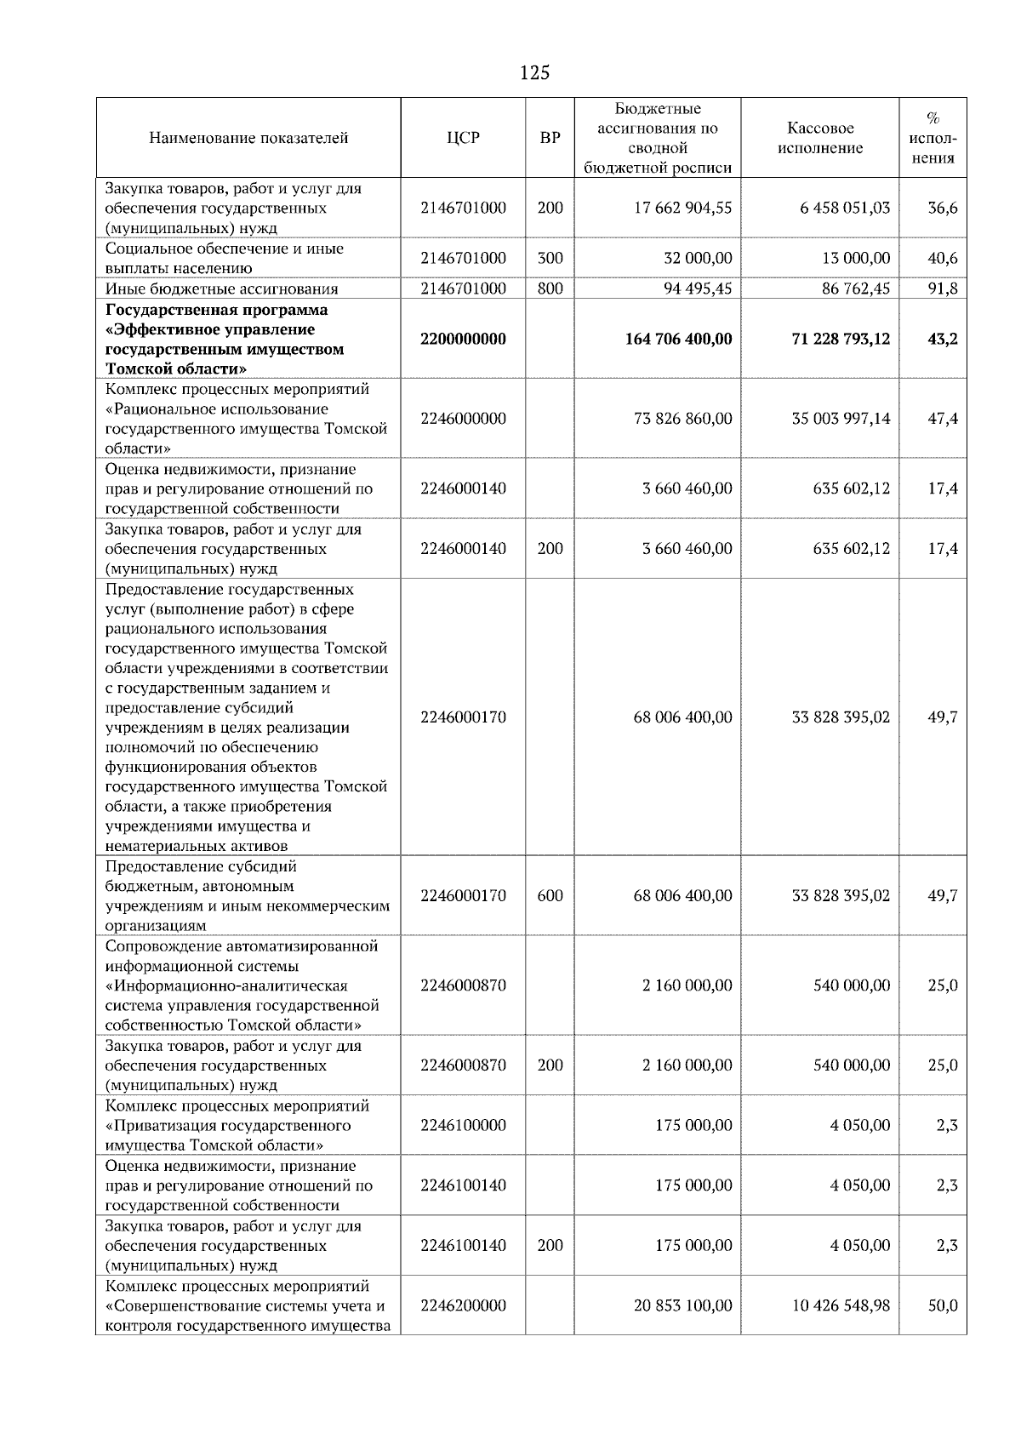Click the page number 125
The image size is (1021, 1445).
[x=534, y=73]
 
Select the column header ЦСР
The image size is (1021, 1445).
[x=463, y=138]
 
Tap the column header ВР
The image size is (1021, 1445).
[x=550, y=138]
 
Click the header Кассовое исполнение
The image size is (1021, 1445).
[x=820, y=138]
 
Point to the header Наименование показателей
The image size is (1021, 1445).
[x=248, y=138]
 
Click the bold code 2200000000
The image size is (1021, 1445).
[x=463, y=340]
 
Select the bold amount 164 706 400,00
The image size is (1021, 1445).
[x=678, y=340]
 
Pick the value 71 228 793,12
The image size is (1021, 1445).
[x=841, y=340]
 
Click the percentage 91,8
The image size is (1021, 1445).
[x=942, y=288]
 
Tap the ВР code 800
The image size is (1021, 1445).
[x=550, y=288]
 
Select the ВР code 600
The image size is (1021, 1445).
[x=550, y=896]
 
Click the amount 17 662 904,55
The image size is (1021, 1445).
[x=682, y=208]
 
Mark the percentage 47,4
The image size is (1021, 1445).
[x=942, y=420]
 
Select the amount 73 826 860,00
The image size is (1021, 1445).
[x=682, y=420]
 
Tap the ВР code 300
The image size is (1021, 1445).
[x=550, y=259]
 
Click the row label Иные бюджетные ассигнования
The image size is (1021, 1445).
[x=221, y=289]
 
